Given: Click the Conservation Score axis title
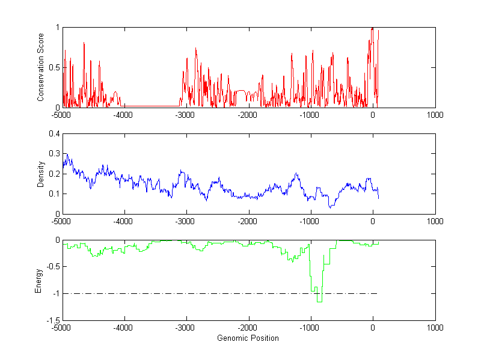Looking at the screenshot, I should coord(40,67).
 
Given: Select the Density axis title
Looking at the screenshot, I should coord(40,174).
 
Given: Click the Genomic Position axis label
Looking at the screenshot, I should coord(248,338).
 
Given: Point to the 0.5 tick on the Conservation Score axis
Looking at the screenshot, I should coord(54,67).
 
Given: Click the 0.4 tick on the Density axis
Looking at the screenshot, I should coord(54,134).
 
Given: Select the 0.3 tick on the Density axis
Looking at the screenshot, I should coord(54,154).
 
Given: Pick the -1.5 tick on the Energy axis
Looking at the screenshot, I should coord(52,320).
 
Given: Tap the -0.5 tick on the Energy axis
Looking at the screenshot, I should coord(52,267).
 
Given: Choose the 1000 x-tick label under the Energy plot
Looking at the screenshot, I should coord(435,328).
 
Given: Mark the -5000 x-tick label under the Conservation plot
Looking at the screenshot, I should coord(61,114).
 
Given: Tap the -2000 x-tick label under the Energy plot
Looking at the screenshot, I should coord(248,328).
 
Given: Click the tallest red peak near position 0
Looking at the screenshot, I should coord(372,28).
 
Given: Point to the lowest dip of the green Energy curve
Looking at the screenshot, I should coord(319,301).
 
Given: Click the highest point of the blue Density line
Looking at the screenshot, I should coord(67,154).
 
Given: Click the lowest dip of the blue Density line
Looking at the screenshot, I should coord(329,207).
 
